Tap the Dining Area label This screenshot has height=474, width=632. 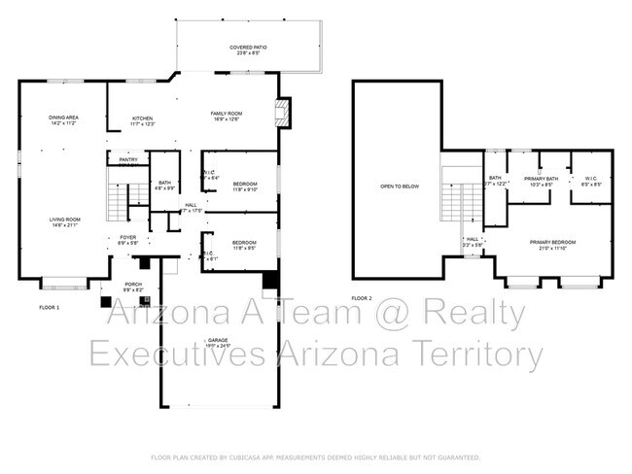63,120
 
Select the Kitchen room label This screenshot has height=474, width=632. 142,120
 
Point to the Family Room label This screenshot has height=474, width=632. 227,116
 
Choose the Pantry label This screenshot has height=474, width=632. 127,160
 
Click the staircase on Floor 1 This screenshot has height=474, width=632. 117,201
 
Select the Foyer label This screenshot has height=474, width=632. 127,238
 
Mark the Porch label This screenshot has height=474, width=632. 133,287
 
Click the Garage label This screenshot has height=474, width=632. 218,342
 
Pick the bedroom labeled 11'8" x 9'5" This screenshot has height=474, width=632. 244,244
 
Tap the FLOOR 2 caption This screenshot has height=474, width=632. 362,298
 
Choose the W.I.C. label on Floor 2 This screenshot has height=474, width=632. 591,180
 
